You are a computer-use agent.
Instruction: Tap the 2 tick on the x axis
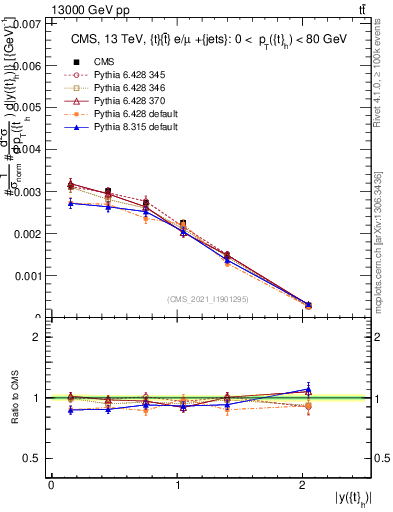303,485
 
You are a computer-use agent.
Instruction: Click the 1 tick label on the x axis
177,485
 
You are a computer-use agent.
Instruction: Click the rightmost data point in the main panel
308,305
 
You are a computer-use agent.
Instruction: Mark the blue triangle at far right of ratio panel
308,389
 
